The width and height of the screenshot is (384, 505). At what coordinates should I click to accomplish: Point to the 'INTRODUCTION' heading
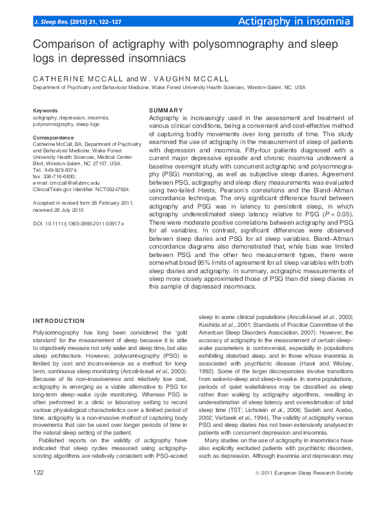[x=59, y=320]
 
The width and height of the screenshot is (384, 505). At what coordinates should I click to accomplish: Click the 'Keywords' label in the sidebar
[x=45, y=111]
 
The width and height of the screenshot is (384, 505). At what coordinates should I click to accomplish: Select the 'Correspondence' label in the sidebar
[x=53, y=138]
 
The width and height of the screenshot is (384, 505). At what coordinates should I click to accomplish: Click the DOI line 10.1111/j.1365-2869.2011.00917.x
[x=78, y=223]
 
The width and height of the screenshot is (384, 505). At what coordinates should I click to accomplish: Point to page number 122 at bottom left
[x=39, y=491]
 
